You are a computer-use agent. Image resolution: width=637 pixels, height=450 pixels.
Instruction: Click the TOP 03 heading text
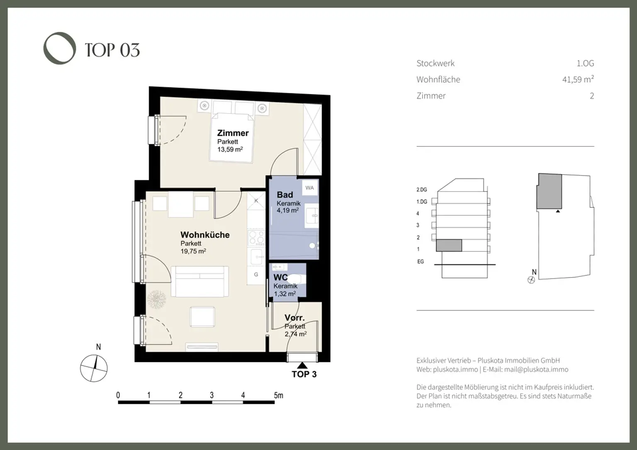[112, 50]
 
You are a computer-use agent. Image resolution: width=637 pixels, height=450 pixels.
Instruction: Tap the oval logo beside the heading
[60, 48]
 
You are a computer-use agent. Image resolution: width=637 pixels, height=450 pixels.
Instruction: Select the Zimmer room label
[233, 133]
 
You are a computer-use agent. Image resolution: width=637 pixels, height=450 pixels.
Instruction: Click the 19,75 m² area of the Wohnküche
[193, 251]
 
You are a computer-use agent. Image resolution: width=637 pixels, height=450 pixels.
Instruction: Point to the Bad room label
[285, 195]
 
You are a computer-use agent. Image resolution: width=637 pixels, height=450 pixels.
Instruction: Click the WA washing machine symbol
[310, 188]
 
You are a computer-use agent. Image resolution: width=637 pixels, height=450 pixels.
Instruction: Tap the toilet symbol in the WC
[295, 279]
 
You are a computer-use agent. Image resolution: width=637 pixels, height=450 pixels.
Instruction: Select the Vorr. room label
[294, 318]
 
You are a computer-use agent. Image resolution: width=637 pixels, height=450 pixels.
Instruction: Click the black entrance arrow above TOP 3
[303, 365]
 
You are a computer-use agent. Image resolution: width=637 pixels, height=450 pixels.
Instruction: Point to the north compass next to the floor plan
[94, 368]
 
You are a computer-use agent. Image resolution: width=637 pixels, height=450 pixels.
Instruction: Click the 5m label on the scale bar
[278, 395]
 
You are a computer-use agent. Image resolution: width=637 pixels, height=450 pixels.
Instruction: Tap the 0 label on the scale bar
[118, 395]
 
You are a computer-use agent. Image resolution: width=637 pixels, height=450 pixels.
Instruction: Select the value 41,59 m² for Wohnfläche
[578, 79]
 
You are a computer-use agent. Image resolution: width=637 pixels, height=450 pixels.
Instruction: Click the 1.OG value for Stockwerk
[585, 63]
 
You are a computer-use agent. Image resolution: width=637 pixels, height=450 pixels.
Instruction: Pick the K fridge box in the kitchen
[256, 201]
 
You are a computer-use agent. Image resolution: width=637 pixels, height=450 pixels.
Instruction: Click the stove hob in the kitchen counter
[256, 238]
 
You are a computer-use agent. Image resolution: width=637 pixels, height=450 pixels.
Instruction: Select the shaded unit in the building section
[449, 246]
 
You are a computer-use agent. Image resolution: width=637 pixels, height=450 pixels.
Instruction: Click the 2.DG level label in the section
[421, 190]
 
